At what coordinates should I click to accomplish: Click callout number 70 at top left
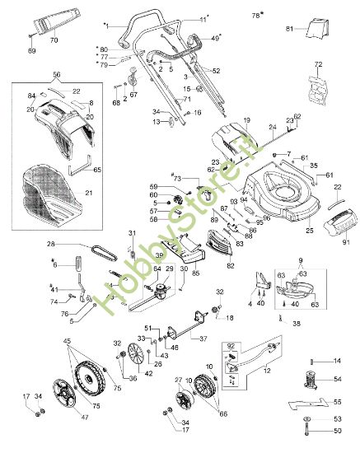coord(54,40)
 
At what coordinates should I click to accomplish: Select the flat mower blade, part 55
coord(312,404)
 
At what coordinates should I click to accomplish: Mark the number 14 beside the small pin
coord(336,361)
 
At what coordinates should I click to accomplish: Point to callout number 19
coord(245,121)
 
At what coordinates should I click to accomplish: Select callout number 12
coord(264,371)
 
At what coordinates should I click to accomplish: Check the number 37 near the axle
coord(203,338)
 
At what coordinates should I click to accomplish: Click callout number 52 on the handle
coord(217,72)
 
